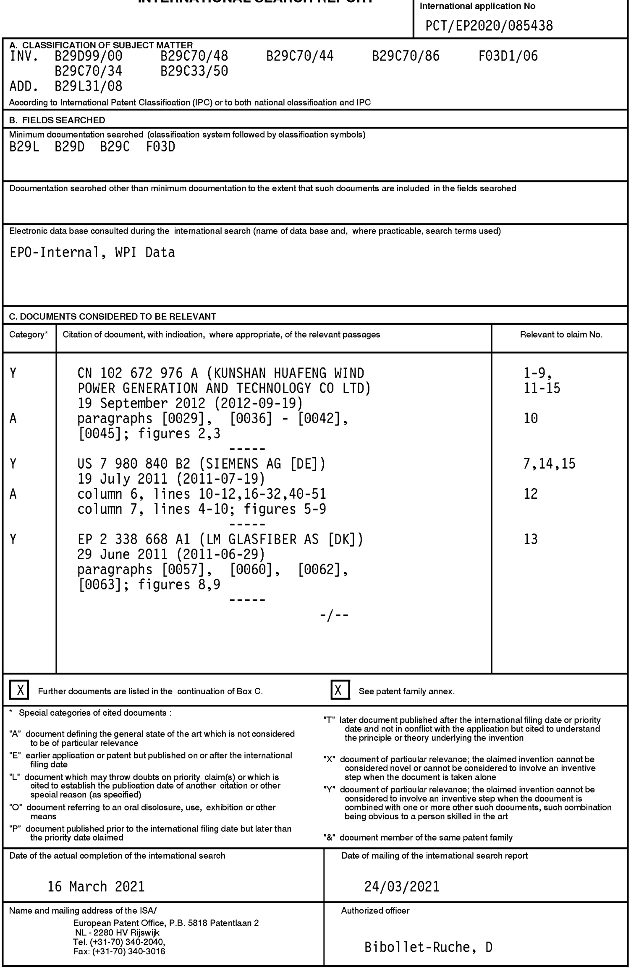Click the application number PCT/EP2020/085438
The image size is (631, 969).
pyautogui.click(x=489, y=26)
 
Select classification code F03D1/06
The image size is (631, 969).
pyautogui.click(x=508, y=56)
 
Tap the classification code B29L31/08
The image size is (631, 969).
pyautogui.click(x=89, y=86)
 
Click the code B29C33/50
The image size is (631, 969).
pyautogui.click(x=194, y=71)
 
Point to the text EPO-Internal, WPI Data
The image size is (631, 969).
pyautogui.click(x=92, y=253)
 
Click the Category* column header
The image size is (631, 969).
pyautogui.click(x=29, y=335)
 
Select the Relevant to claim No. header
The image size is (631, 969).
pyautogui.click(x=561, y=335)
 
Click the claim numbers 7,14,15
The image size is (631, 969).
pyautogui.click(x=549, y=464)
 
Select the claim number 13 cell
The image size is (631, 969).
pyautogui.click(x=531, y=539)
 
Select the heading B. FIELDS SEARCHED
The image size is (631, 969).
pyautogui.click(x=57, y=120)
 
